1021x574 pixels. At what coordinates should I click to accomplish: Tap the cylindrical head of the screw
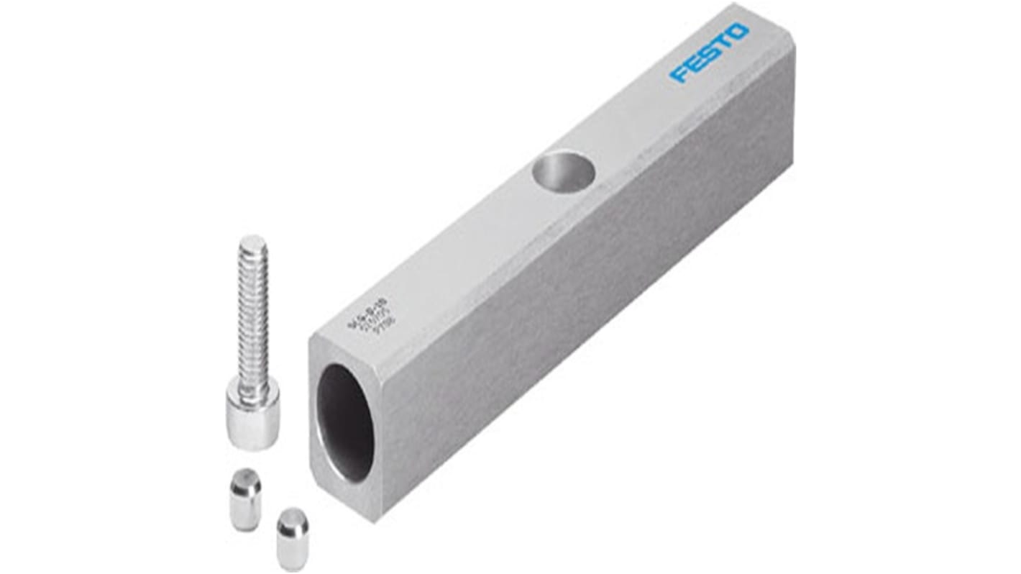[252, 414]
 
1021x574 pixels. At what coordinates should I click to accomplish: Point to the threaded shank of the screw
[254, 316]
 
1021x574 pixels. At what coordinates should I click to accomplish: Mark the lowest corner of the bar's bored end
[373, 516]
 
